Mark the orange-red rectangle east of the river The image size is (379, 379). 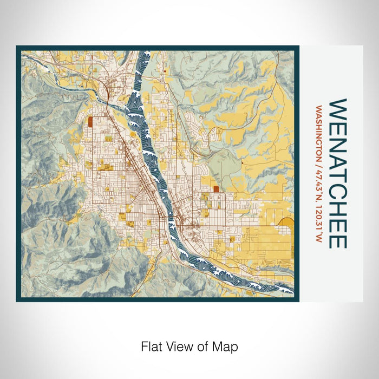pos(217,189)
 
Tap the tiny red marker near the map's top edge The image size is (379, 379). pos(164,70)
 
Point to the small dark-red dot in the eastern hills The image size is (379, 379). pos(243,162)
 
